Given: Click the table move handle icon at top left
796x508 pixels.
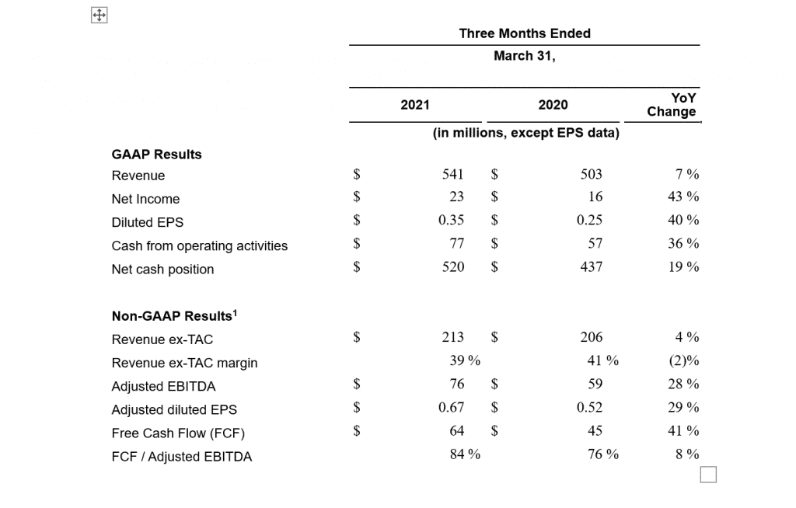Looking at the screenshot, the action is point(99,16).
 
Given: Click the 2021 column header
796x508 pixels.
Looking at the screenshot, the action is point(415,105).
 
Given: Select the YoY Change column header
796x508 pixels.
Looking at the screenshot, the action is point(671,105).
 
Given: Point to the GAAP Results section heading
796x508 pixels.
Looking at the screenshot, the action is point(156,155).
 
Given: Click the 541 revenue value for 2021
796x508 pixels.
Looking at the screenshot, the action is point(453,174).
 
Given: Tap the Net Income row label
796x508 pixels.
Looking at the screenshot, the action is point(145,199).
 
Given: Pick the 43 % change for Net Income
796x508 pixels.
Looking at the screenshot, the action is point(683,197).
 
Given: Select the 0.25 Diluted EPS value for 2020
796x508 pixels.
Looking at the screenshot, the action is point(589,220).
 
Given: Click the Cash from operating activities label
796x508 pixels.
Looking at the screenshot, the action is point(200,245).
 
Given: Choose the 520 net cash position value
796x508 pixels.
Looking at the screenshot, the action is point(453,266).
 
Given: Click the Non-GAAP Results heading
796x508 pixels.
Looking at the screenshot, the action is point(174,315).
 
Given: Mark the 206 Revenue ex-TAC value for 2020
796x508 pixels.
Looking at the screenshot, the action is point(592,337).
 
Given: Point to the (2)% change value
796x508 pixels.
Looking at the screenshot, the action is point(684,360).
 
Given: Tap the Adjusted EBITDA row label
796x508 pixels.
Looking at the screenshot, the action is point(163,386).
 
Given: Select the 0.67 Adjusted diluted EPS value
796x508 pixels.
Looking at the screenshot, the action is point(452,407).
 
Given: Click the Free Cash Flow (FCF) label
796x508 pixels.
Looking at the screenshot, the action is point(178,433).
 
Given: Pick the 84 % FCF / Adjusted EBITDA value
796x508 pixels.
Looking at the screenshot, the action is point(465,454).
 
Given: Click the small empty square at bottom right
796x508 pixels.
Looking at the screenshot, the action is point(708,475).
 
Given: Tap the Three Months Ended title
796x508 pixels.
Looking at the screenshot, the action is point(525,33).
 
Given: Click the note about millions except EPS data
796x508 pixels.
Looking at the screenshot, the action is point(526,133).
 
